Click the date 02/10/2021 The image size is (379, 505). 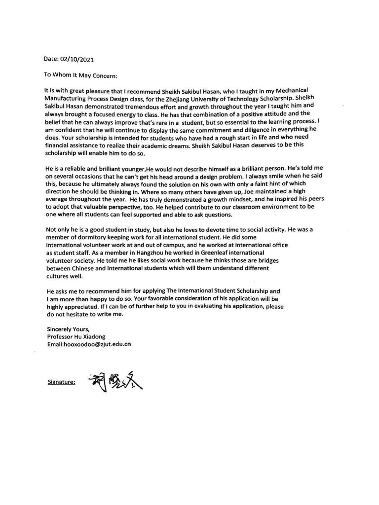pyautogui.click(x=76, y=59)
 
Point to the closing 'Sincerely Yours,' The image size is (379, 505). pyautogui.click(x=68, y=329)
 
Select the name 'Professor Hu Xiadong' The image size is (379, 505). pyautogui.click(x=77, y=337)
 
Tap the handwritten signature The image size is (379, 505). pyautogui.click(x=116, y=381)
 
